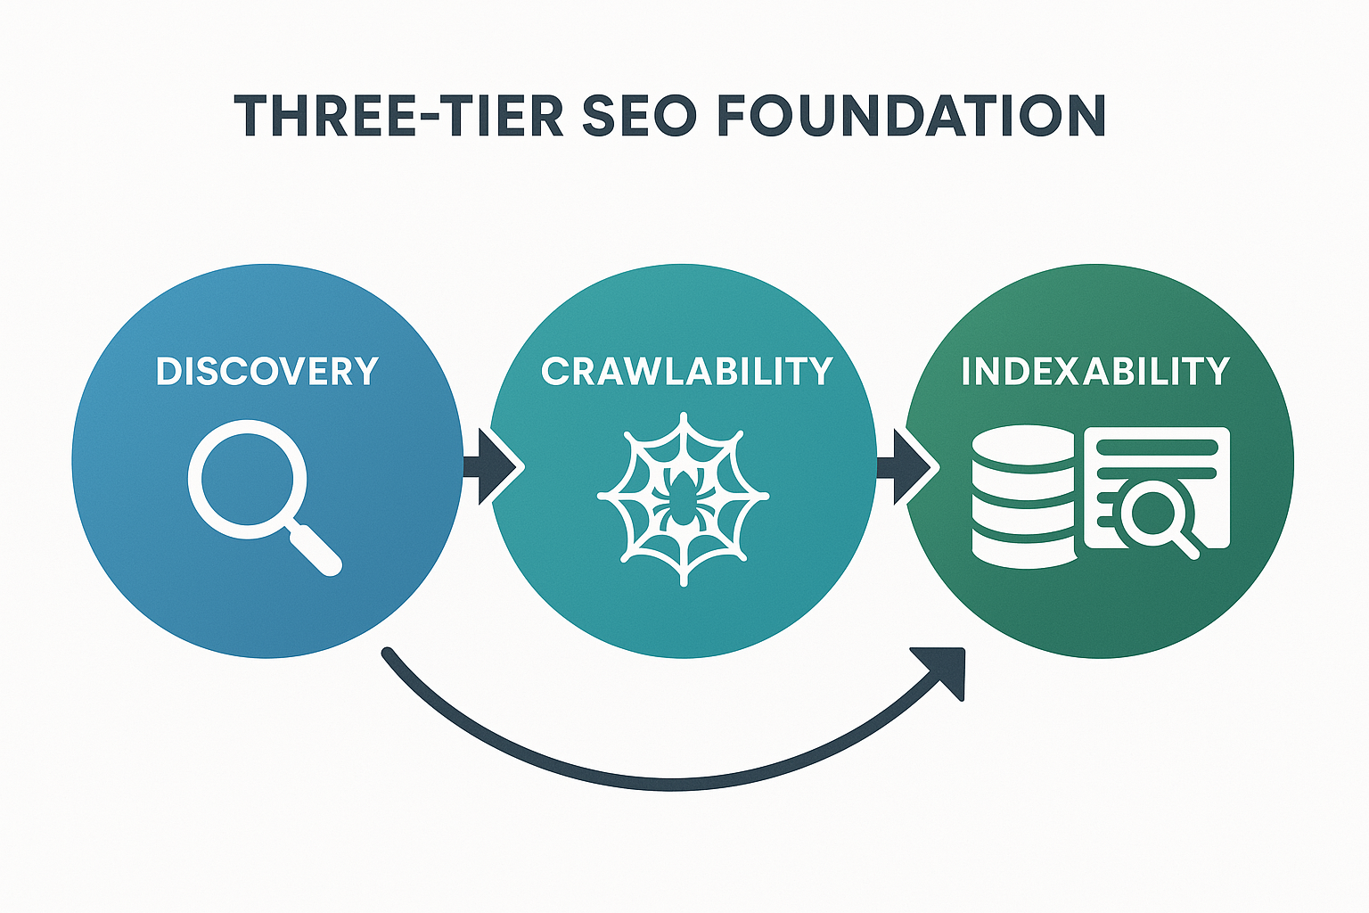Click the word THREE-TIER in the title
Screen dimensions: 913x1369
point(399,116)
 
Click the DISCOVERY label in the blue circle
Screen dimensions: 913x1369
point(267,371)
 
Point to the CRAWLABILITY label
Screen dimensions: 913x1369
point(686,371)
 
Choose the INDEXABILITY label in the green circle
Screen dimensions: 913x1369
point(1095,371)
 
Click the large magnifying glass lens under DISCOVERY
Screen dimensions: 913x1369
point(246,478)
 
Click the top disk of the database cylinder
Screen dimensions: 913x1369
point(1023,443)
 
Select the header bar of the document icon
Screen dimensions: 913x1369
point(1157,445)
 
